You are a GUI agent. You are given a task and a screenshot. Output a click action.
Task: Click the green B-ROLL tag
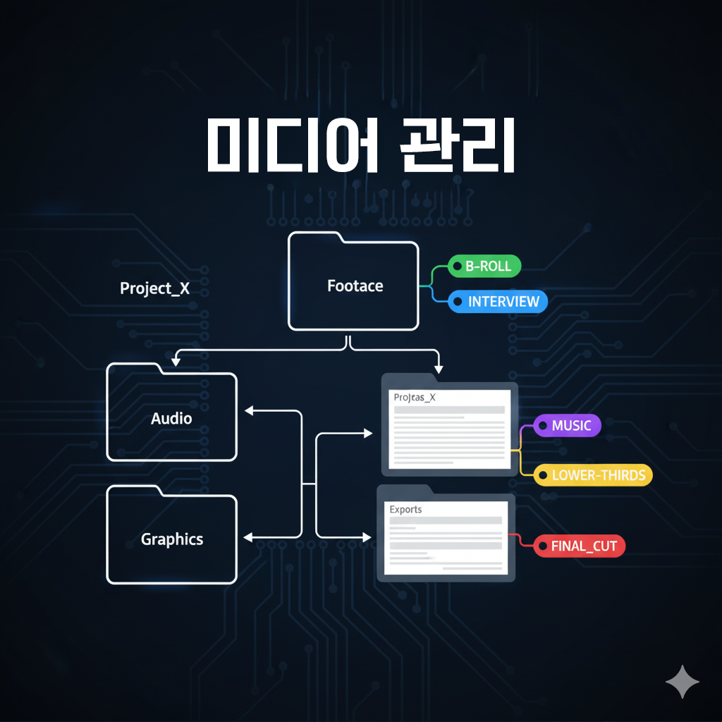coord(485,267)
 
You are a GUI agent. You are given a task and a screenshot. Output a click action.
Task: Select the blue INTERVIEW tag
coord(498,302)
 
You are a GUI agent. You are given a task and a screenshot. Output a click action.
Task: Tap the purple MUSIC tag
coord(568,426)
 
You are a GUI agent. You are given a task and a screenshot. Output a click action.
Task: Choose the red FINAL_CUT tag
coord(580,546)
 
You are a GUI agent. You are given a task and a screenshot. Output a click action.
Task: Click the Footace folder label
coord(355,286)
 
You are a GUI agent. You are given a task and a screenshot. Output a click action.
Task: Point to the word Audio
coord(171,419)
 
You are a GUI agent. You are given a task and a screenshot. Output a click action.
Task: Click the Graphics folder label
coord(172,539)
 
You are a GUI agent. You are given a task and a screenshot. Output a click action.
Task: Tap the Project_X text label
coord(154,288)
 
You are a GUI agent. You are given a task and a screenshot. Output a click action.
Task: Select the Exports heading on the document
coord(405,509)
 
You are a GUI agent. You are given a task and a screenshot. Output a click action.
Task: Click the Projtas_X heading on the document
coord(415,398)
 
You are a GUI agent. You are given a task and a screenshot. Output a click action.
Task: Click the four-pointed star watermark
coord(682,682)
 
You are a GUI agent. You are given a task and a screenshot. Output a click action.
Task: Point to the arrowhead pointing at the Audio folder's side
coord(247,410)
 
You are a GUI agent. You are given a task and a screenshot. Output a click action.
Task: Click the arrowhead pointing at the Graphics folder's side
coord(247,537)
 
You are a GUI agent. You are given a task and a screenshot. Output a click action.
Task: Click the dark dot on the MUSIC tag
coord(543,426)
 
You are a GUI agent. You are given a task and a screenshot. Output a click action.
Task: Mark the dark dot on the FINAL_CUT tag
coord(542,546)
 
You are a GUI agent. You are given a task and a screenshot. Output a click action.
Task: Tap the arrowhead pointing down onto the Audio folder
coord(176,361)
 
